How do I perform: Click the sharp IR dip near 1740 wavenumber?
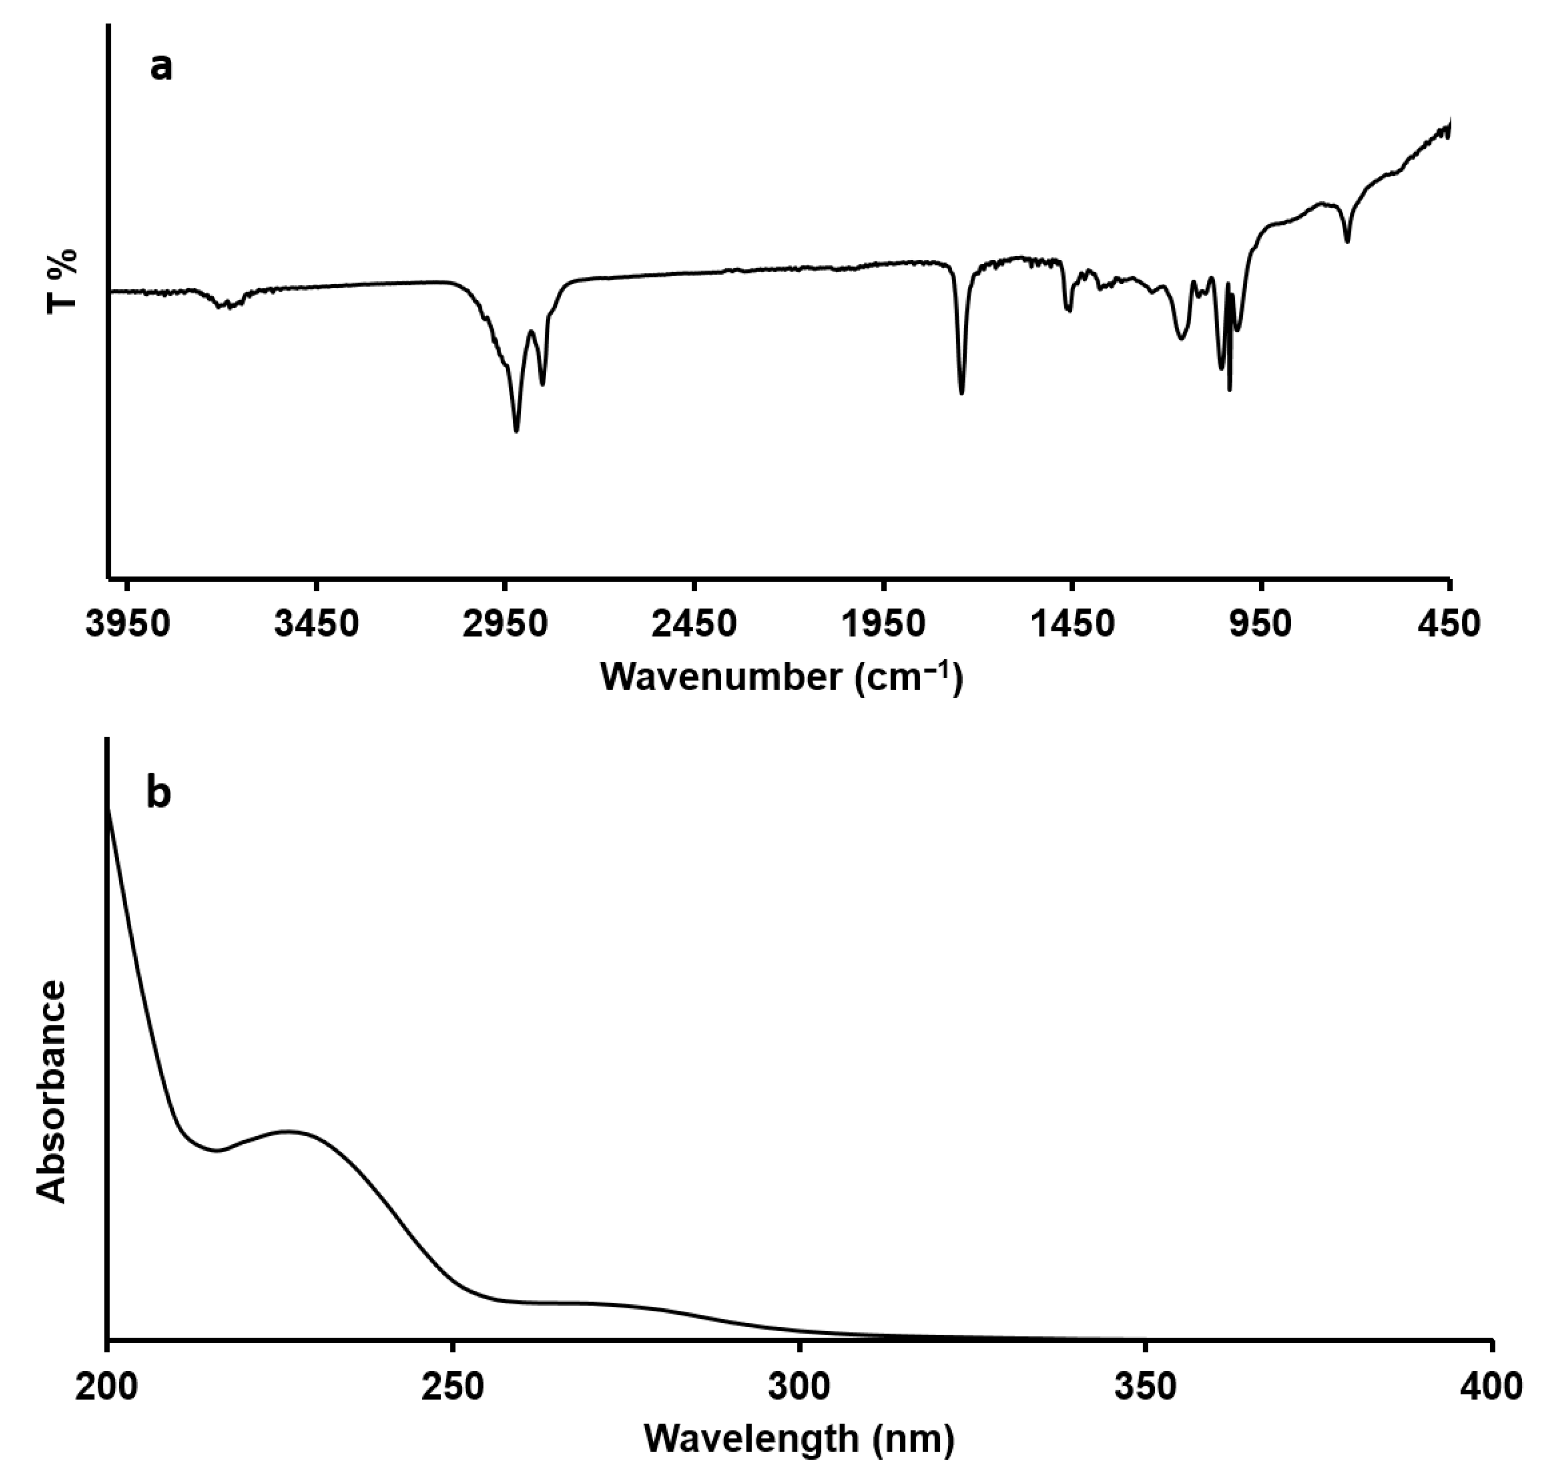(x=961, y=392)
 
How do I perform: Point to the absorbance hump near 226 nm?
(x=288, y=1131)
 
